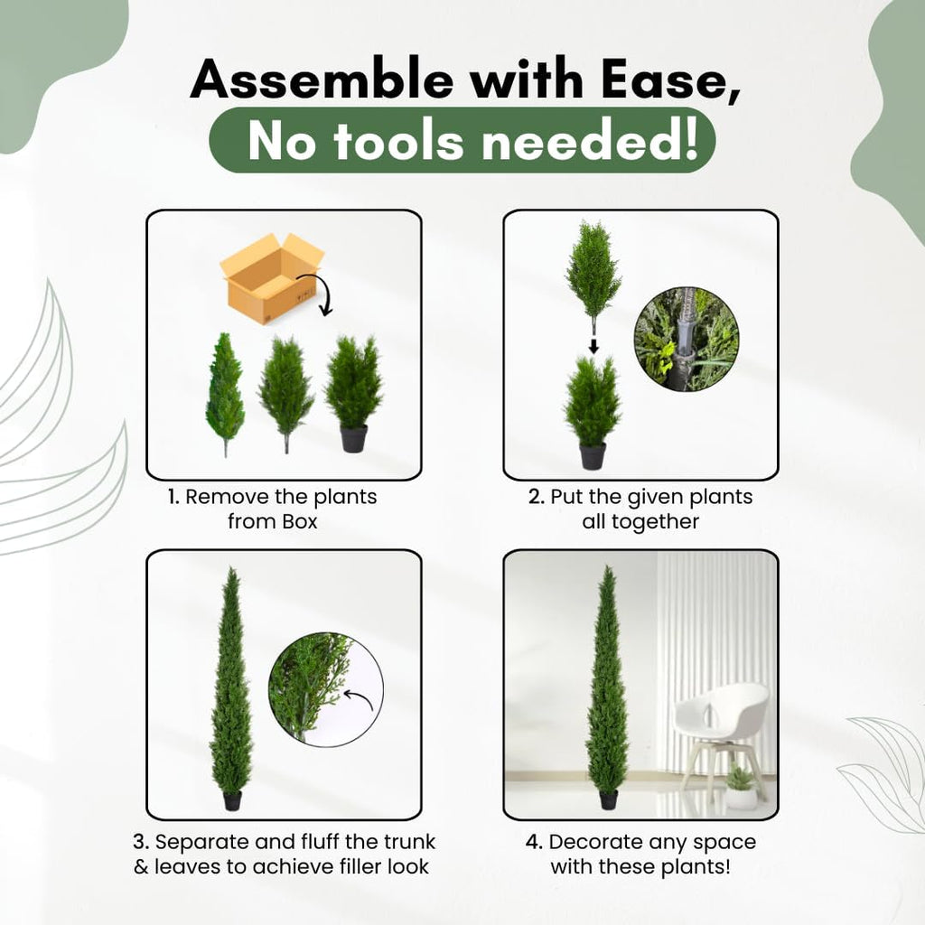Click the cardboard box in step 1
coord(272,278)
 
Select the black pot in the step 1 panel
coord(353,438)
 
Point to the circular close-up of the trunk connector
coord(687,340)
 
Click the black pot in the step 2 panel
coord(593,456)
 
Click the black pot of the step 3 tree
coord(232,801)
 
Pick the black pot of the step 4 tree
coord(608,800)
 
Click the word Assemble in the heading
coord(322,79)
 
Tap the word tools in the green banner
coord(398,142)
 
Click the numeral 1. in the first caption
coord(173,497)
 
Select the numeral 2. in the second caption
coord(537,497)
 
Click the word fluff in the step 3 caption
coord(320,841)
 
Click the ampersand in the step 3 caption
coord(141,866)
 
